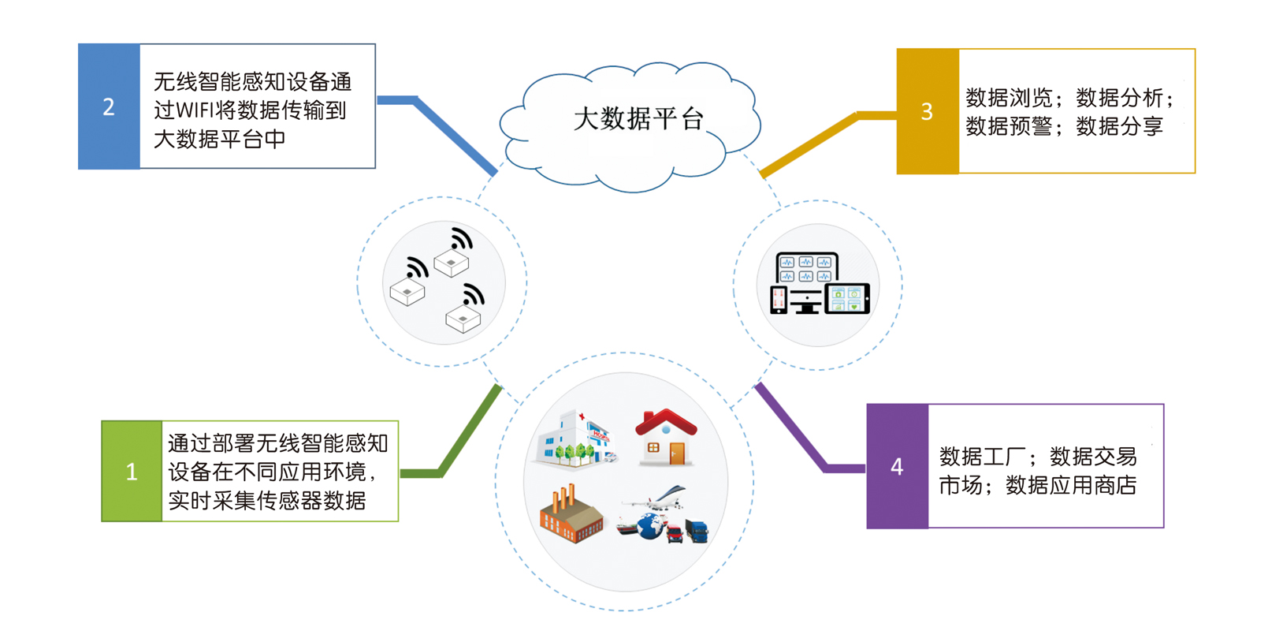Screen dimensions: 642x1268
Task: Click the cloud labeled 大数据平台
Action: (630, 126)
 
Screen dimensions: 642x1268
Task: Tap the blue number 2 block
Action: (109, 106)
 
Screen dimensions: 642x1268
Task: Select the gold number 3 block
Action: (928, 111)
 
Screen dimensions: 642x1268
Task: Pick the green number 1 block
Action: (132, 472)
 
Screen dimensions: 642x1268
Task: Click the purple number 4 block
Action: (897, 467)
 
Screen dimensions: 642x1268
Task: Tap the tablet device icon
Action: (847, 299)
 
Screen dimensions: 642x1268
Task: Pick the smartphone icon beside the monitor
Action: (779, 300)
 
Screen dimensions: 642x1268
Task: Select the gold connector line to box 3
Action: (812, 142)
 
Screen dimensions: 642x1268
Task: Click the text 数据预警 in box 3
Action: (1009, 126)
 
